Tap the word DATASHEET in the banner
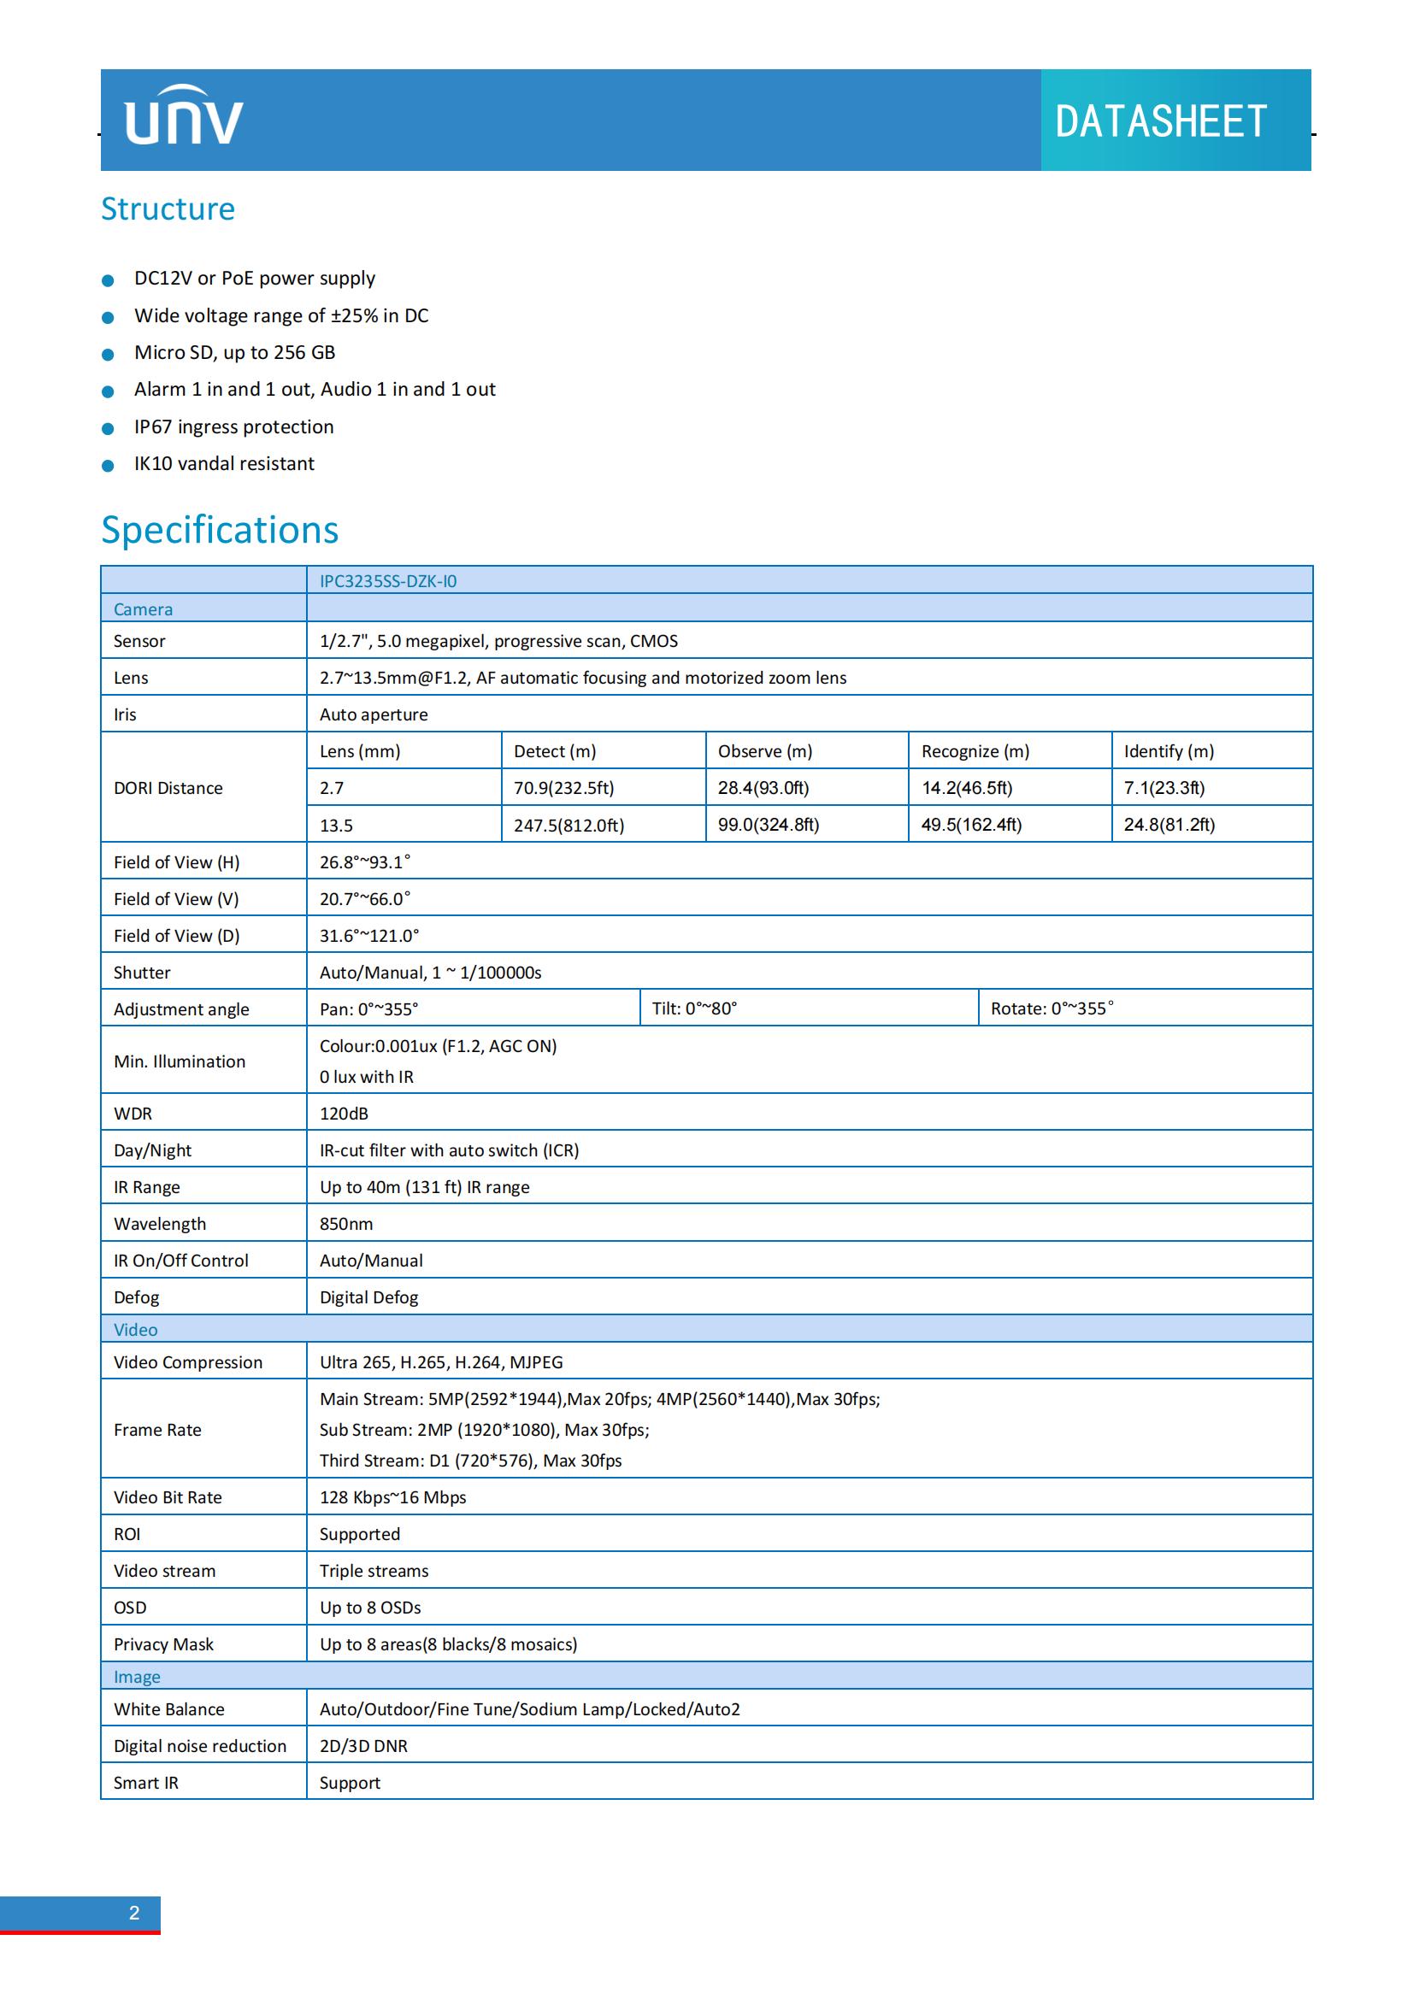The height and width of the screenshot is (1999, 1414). pyautogui.click(x=1160, y=122)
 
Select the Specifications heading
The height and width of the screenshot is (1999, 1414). pyautogui.click(x=220, y=530)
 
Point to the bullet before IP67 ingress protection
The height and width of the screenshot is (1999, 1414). pyautogui.click(x=108, y=428)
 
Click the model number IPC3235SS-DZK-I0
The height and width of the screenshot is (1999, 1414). pyautogui.click(x=387, y=582)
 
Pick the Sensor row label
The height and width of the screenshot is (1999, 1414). pyautogui.click(x=139, y=641)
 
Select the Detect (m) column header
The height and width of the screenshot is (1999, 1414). pyautogui.click(x=555, y=751)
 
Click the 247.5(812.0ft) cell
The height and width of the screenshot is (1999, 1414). pyautogui.click(x=569, y=826)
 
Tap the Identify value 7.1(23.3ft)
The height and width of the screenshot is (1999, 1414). pyautogui.click(x=1164, y=788)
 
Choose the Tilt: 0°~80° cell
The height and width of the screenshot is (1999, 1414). pyautogui.click(x=694, y=1008)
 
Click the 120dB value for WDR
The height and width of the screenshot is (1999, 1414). pyautogui.click(x=344, y=1114)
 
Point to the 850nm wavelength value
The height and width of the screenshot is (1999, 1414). pyautogui.click(x=345, y=1224)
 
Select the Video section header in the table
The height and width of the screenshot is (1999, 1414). pyautogui.click(x=136, y=1330)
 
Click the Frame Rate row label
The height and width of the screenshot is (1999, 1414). pyautogui.click(x=157, y=1430)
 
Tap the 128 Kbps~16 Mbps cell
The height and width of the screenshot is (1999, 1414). pyautogui.click(x=392, y=1497)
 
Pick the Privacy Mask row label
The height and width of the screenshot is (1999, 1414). pyautogui.click(x=163, y=1644)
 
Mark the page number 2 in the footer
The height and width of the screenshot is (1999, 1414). pyautogui.click(x=134, y=1913)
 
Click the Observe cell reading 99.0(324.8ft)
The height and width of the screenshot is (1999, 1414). pyautogui.click(x=768, y=825)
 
